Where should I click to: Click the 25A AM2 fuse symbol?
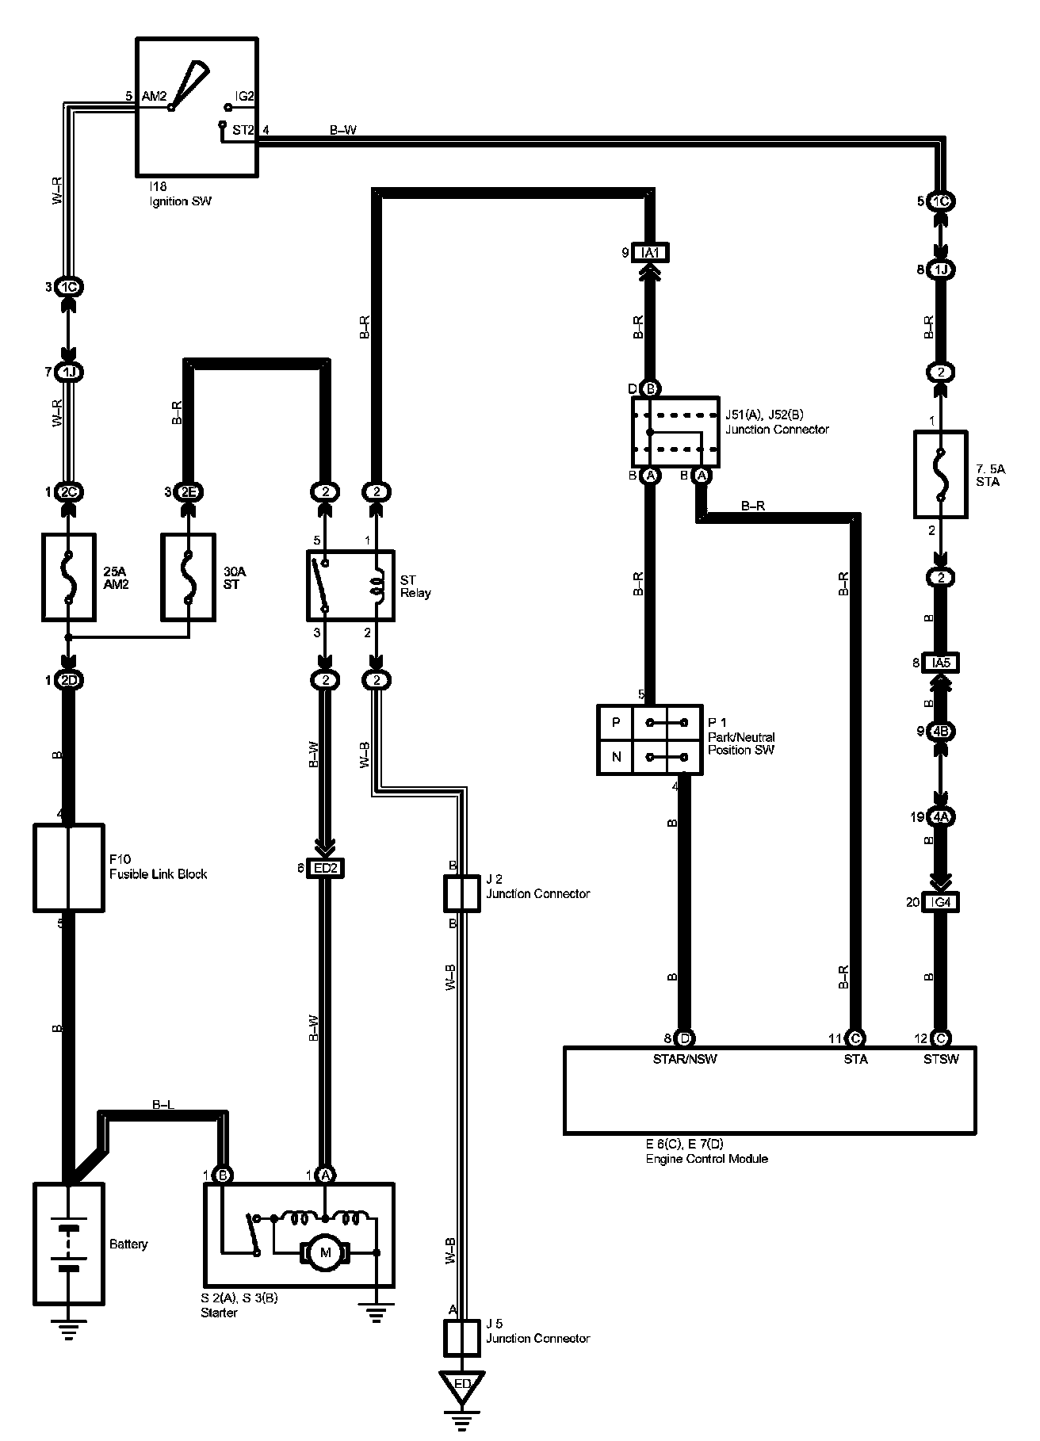point(68,576)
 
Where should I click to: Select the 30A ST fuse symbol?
point(188,576)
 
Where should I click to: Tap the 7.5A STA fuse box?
point(940,475)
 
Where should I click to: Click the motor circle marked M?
point(323,1253)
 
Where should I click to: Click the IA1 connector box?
point(650,253)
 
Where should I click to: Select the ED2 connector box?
point(325,869)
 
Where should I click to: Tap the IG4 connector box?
point(941,902)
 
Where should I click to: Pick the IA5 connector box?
point(941,663)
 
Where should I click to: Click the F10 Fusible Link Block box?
point(69,867)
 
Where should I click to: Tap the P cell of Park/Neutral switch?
point(616,723)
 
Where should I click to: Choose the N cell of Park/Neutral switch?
point(616,757)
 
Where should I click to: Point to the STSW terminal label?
point(941,1059)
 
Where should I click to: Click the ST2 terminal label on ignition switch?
point(243,130)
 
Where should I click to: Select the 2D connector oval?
point(68,680)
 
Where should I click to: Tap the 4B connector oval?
point(941,731)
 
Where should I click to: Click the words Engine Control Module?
point(705,1159)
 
